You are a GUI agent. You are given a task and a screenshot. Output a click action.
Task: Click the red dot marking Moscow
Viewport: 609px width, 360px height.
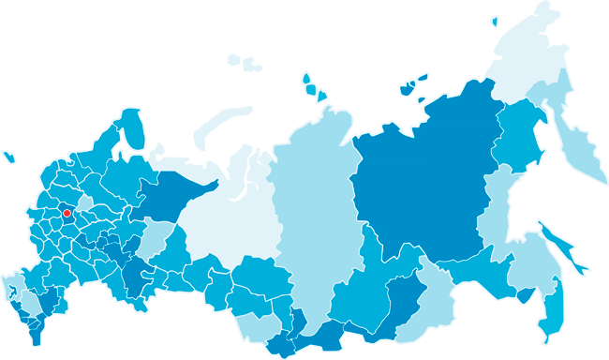67,214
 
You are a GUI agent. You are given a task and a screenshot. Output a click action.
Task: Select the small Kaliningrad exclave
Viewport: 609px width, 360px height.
9,157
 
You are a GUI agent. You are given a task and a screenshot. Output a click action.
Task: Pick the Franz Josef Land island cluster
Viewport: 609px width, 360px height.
246,63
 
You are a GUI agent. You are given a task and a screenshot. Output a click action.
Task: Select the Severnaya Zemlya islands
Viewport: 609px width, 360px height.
314,86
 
